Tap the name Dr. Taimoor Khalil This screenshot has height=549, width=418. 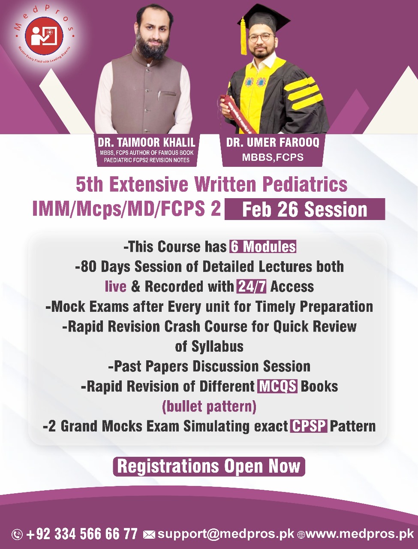point(146,142)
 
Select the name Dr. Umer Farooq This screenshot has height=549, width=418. point(273,142)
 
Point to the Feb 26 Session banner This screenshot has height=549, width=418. point(304,210)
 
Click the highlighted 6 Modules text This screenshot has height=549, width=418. point(263,247)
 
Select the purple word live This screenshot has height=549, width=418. point(115,287)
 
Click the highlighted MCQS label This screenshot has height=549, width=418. point(277,386)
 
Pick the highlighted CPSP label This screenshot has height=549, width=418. point(309,426)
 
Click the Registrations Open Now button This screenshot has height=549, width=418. point(209,467)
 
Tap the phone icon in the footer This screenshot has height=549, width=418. point(17,534)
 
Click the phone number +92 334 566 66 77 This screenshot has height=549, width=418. point(81,534)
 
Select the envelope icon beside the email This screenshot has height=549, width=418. point(149,534)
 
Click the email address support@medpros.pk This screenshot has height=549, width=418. point(226,534)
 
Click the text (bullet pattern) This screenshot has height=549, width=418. point(209,406)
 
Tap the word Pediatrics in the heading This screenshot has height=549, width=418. point(304,185)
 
